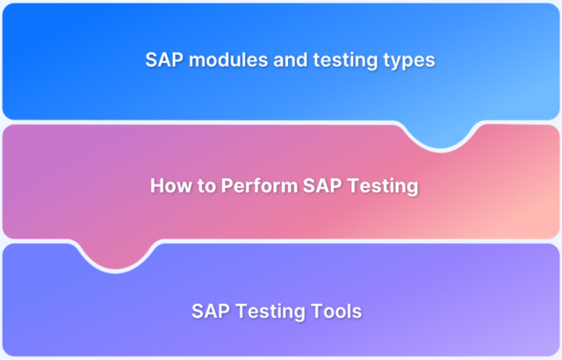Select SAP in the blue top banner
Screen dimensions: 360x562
coord(163,61)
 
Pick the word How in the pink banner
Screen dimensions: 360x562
coord(168,186)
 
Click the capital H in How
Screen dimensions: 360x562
coord(156,186)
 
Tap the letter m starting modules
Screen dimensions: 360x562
coord(188,61)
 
